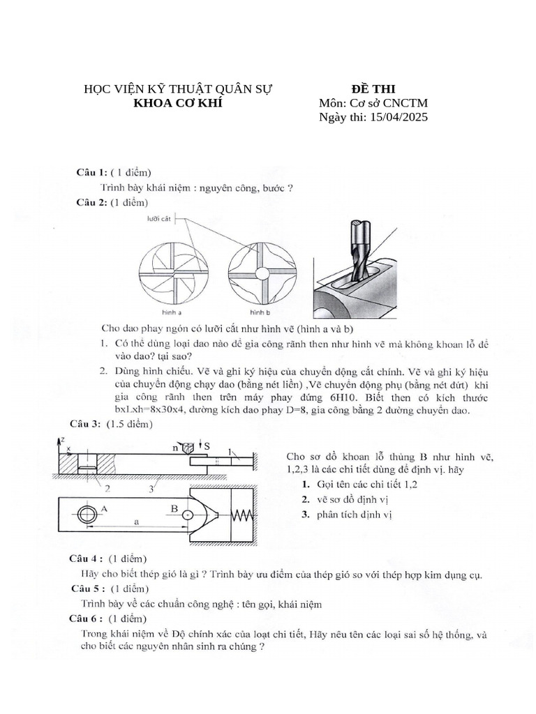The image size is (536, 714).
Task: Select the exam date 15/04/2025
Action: [x=395, y=117]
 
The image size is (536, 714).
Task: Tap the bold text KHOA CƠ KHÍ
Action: [x=178, y=103]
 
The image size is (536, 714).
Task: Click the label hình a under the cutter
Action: [x=172, y=313]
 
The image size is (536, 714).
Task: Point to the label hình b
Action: [x=260, y=313]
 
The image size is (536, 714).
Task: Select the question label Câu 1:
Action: [x=91, y=172]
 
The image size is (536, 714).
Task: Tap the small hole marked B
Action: [x=187, y=515]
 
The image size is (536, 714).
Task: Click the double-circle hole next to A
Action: [x=87, y=515]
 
